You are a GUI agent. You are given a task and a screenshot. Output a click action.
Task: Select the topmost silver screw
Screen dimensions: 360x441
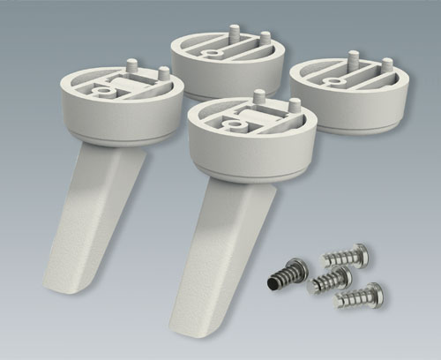[346, 257]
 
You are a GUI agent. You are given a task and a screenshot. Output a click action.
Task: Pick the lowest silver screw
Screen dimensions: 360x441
[360, 295]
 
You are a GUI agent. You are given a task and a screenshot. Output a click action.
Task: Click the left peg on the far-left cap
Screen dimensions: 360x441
[131, 67]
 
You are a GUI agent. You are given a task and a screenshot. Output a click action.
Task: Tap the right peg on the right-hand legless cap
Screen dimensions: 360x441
[386, 66]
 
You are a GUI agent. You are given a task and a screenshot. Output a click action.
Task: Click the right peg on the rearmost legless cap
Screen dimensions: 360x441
[264, 40]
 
